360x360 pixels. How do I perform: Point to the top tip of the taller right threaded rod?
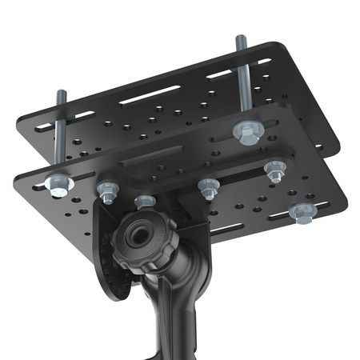[239, 38]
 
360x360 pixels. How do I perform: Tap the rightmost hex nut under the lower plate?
[302, 211]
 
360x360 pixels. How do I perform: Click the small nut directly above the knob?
[144, 201]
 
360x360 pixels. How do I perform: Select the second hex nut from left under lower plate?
[106, 190]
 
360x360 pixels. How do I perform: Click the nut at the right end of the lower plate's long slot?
[274, 169]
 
